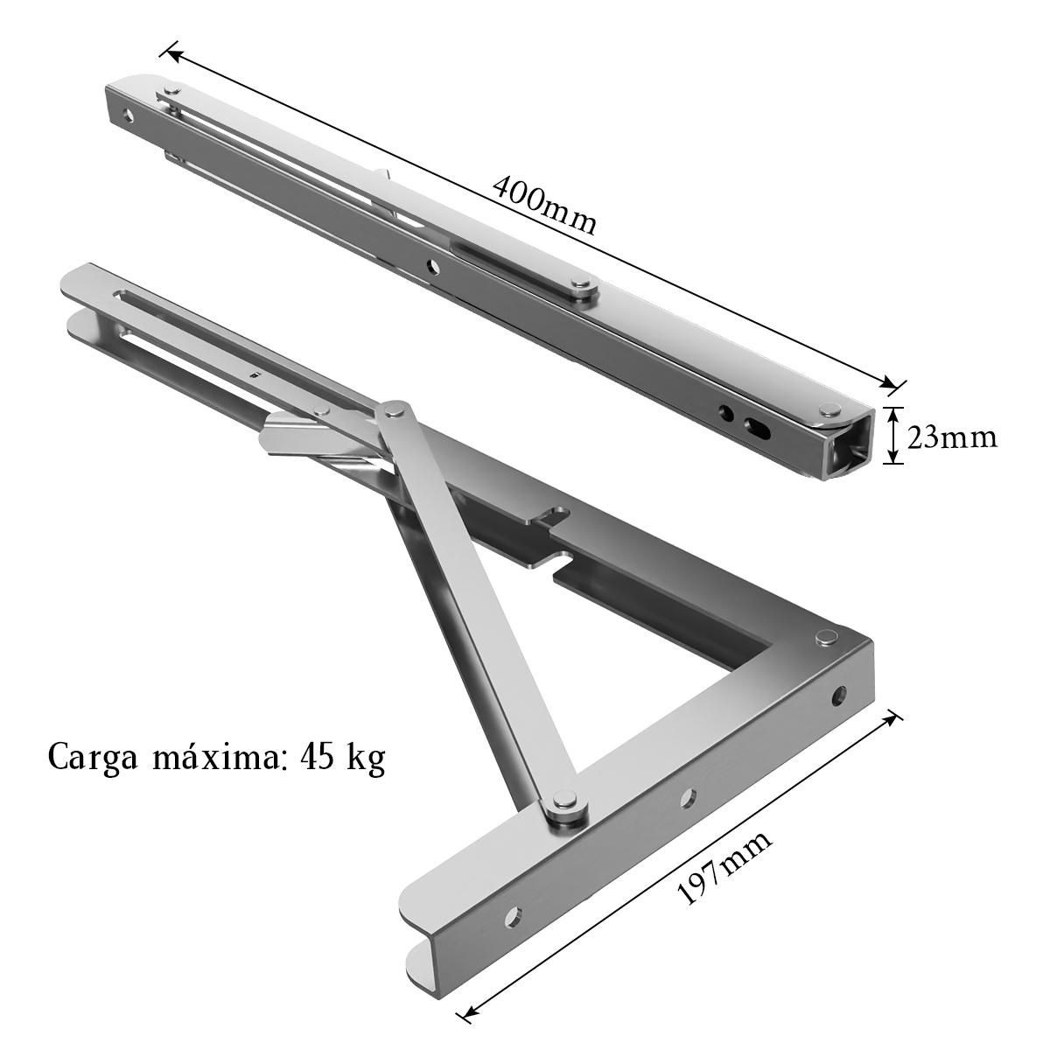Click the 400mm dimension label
click(544, 206)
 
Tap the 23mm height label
click(952, 437)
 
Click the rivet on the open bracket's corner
click(823, 637)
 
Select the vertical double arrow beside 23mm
click(892, 437)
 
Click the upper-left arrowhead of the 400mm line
click(172, 54)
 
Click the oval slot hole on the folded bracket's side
click(755, 427)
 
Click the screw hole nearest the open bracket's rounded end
click(514, 915)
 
